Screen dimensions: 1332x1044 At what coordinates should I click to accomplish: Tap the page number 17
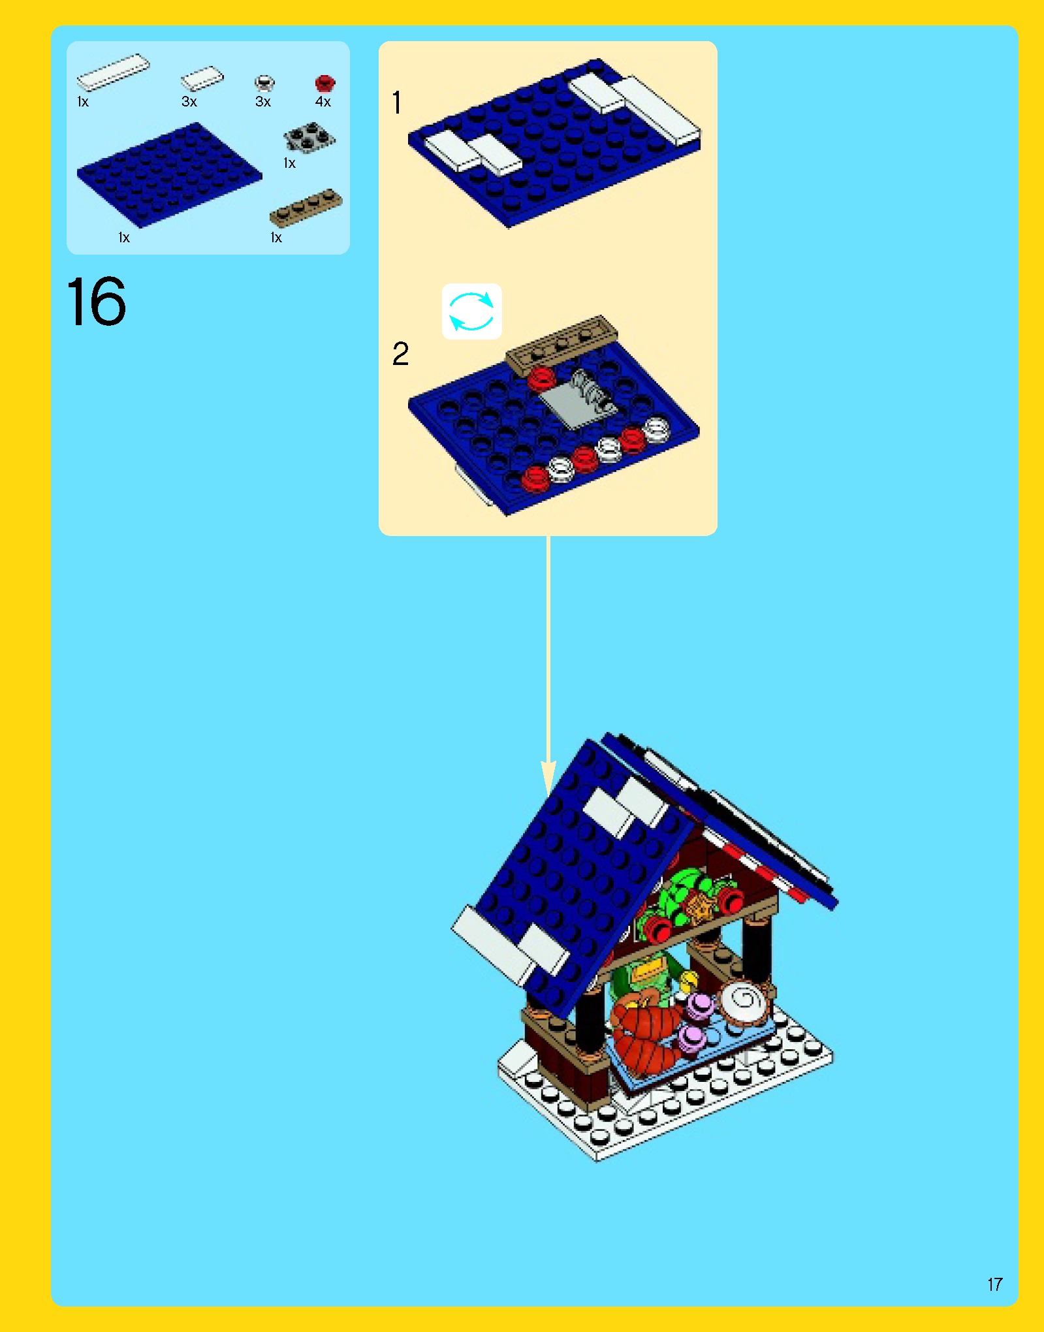[x=994, y=1284]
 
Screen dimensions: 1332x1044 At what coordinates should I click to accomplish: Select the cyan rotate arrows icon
[x=471, y=311]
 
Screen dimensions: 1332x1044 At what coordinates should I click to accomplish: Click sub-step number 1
[x=396, y=103]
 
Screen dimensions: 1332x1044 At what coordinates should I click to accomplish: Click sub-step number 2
[x=400, y=354]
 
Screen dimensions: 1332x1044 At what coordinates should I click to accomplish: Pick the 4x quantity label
[x=323, y=101]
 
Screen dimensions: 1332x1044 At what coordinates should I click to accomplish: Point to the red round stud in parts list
[x=324, y=84]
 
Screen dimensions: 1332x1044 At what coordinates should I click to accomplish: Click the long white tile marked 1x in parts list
[x=113, y=71]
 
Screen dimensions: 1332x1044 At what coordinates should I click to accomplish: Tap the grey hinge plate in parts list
[x=308, y=138]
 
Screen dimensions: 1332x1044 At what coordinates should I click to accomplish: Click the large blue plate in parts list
[x=169, y=175]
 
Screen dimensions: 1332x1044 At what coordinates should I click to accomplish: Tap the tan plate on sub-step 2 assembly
[x=561, y=343]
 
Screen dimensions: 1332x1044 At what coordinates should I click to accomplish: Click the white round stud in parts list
[x=264, y=83]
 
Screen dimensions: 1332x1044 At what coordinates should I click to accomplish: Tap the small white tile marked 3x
[x=202, y=79]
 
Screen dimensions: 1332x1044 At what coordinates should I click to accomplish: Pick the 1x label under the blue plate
[x=124, y=238]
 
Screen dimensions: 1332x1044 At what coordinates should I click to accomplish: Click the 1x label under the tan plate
[x=276, y=238]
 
